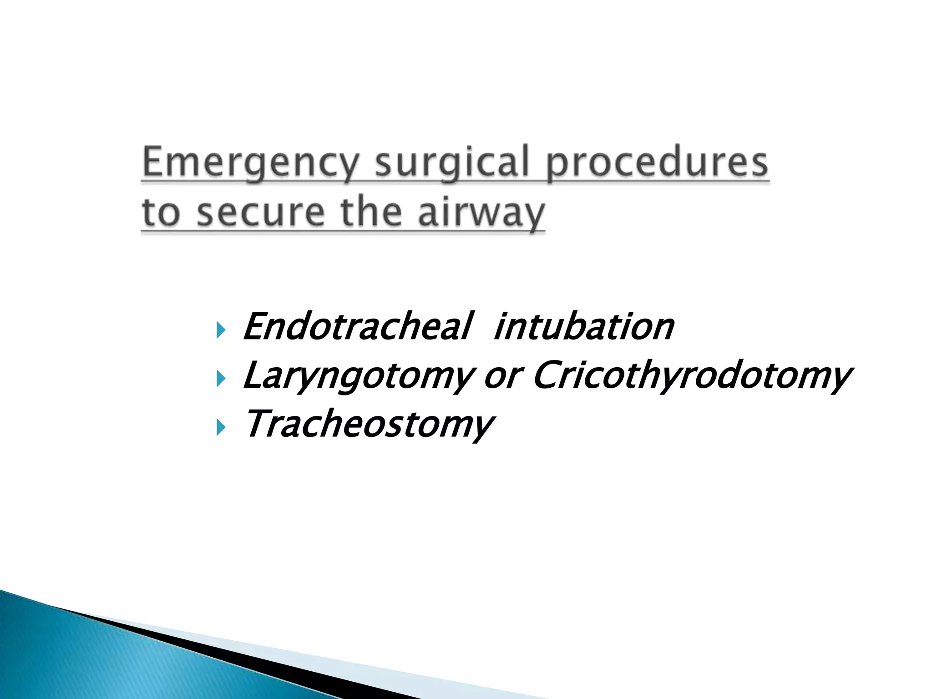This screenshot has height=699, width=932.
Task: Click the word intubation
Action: pos(583,326)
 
